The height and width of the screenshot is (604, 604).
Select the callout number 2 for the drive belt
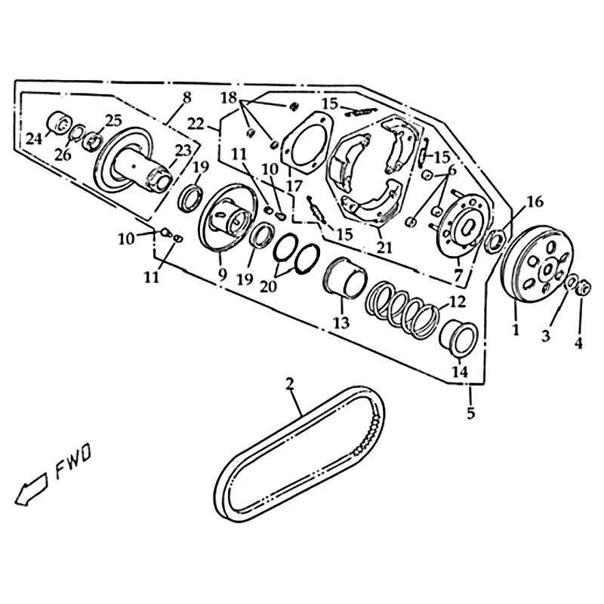tap(289, 384)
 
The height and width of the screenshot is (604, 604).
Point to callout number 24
tap(34, 138)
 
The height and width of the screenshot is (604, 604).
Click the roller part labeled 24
tap(60, 123)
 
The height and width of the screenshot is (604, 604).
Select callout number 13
tap(342, 322)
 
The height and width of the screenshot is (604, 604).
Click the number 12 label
tap(458, 302)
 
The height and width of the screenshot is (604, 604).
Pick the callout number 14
tap(460, 371)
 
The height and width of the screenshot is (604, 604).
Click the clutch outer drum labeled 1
tap(538, 266)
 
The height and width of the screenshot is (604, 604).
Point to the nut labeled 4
tap(584, 288)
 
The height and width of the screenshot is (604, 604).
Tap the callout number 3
tap(545, 336)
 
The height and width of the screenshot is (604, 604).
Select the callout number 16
tap(535, 202)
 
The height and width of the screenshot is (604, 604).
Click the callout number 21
tap(385, 247)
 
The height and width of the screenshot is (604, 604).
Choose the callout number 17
tap(294, 186)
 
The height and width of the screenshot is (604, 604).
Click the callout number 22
tap(196, 124)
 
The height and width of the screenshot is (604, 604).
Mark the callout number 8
tap(186, 98)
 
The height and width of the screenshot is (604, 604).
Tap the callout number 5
tap(470, 413)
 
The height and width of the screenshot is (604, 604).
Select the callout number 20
tap(269, 286)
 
